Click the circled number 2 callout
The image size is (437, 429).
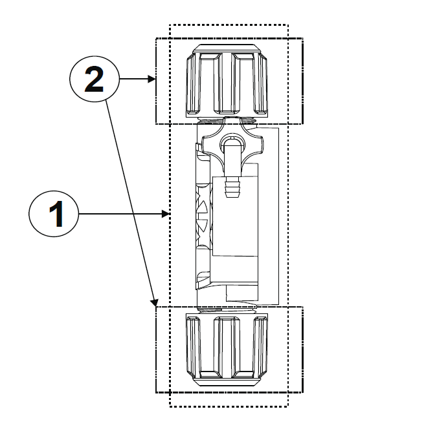coord(95,80)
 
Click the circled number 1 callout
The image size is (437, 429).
coord(54,214)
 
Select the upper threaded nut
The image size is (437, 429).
coord(227,82)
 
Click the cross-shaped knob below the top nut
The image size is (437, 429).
coord(230,143)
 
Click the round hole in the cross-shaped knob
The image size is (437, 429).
coord(230,143)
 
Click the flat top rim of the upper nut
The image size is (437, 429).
coord(227,49)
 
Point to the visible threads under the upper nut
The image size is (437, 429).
coord(227,120)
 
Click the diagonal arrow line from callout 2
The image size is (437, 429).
coord(129,194)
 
